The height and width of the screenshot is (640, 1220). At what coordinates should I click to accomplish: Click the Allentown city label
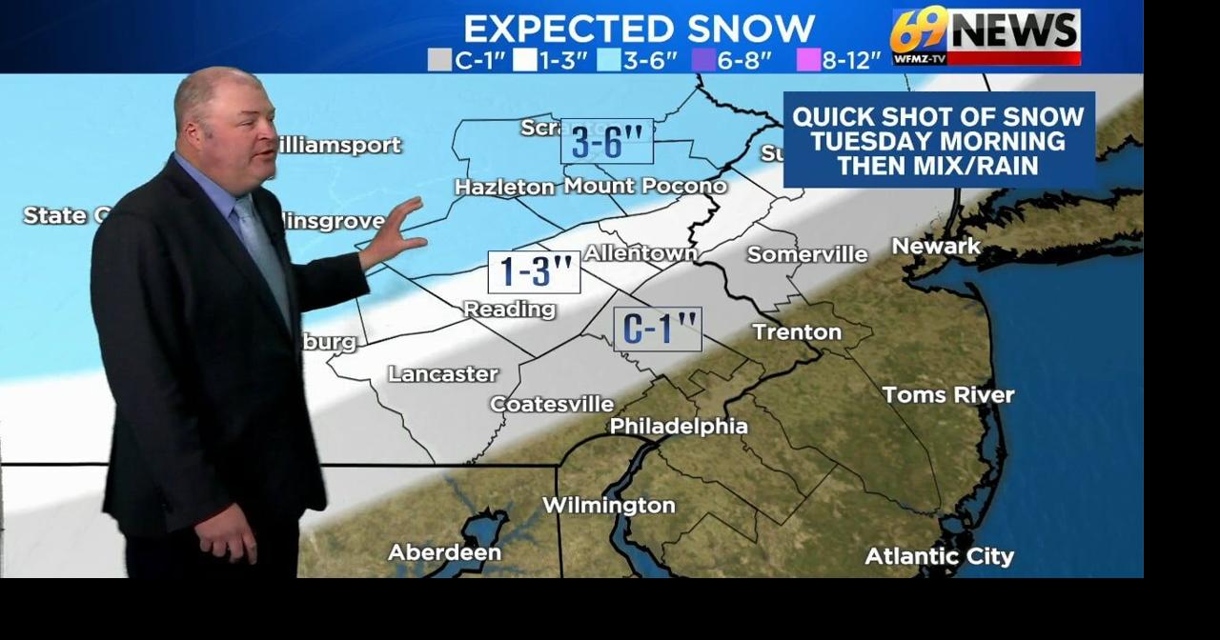click(640, 253)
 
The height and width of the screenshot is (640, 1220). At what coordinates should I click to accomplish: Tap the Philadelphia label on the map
click(678, 426)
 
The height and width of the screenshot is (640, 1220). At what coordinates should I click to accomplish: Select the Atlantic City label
click(939, 556)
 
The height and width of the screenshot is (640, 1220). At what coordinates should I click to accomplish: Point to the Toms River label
click(947, 394)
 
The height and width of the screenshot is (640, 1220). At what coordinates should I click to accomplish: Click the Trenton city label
click(797, 331)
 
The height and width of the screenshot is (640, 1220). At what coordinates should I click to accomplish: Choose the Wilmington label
click(608, 505)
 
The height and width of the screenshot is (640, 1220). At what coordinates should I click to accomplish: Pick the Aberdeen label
click(444, 552)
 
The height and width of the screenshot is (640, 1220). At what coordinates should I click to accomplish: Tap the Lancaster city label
click(442, 373)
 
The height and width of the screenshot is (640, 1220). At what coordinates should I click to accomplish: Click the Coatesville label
click(551, 404)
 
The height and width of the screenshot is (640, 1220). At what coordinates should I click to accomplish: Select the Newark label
click(935, 246)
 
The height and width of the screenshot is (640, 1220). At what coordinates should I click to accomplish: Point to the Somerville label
click(807, 254)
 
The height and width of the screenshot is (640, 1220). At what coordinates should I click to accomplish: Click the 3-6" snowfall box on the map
click(606, 141)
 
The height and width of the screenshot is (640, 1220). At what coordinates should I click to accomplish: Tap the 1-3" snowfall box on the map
click(534, 272)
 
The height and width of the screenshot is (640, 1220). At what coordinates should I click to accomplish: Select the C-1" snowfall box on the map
click(657, 330)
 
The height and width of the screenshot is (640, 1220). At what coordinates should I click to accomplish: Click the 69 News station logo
click(985, 35)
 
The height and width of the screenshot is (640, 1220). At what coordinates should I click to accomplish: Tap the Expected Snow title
click(639, 28)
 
